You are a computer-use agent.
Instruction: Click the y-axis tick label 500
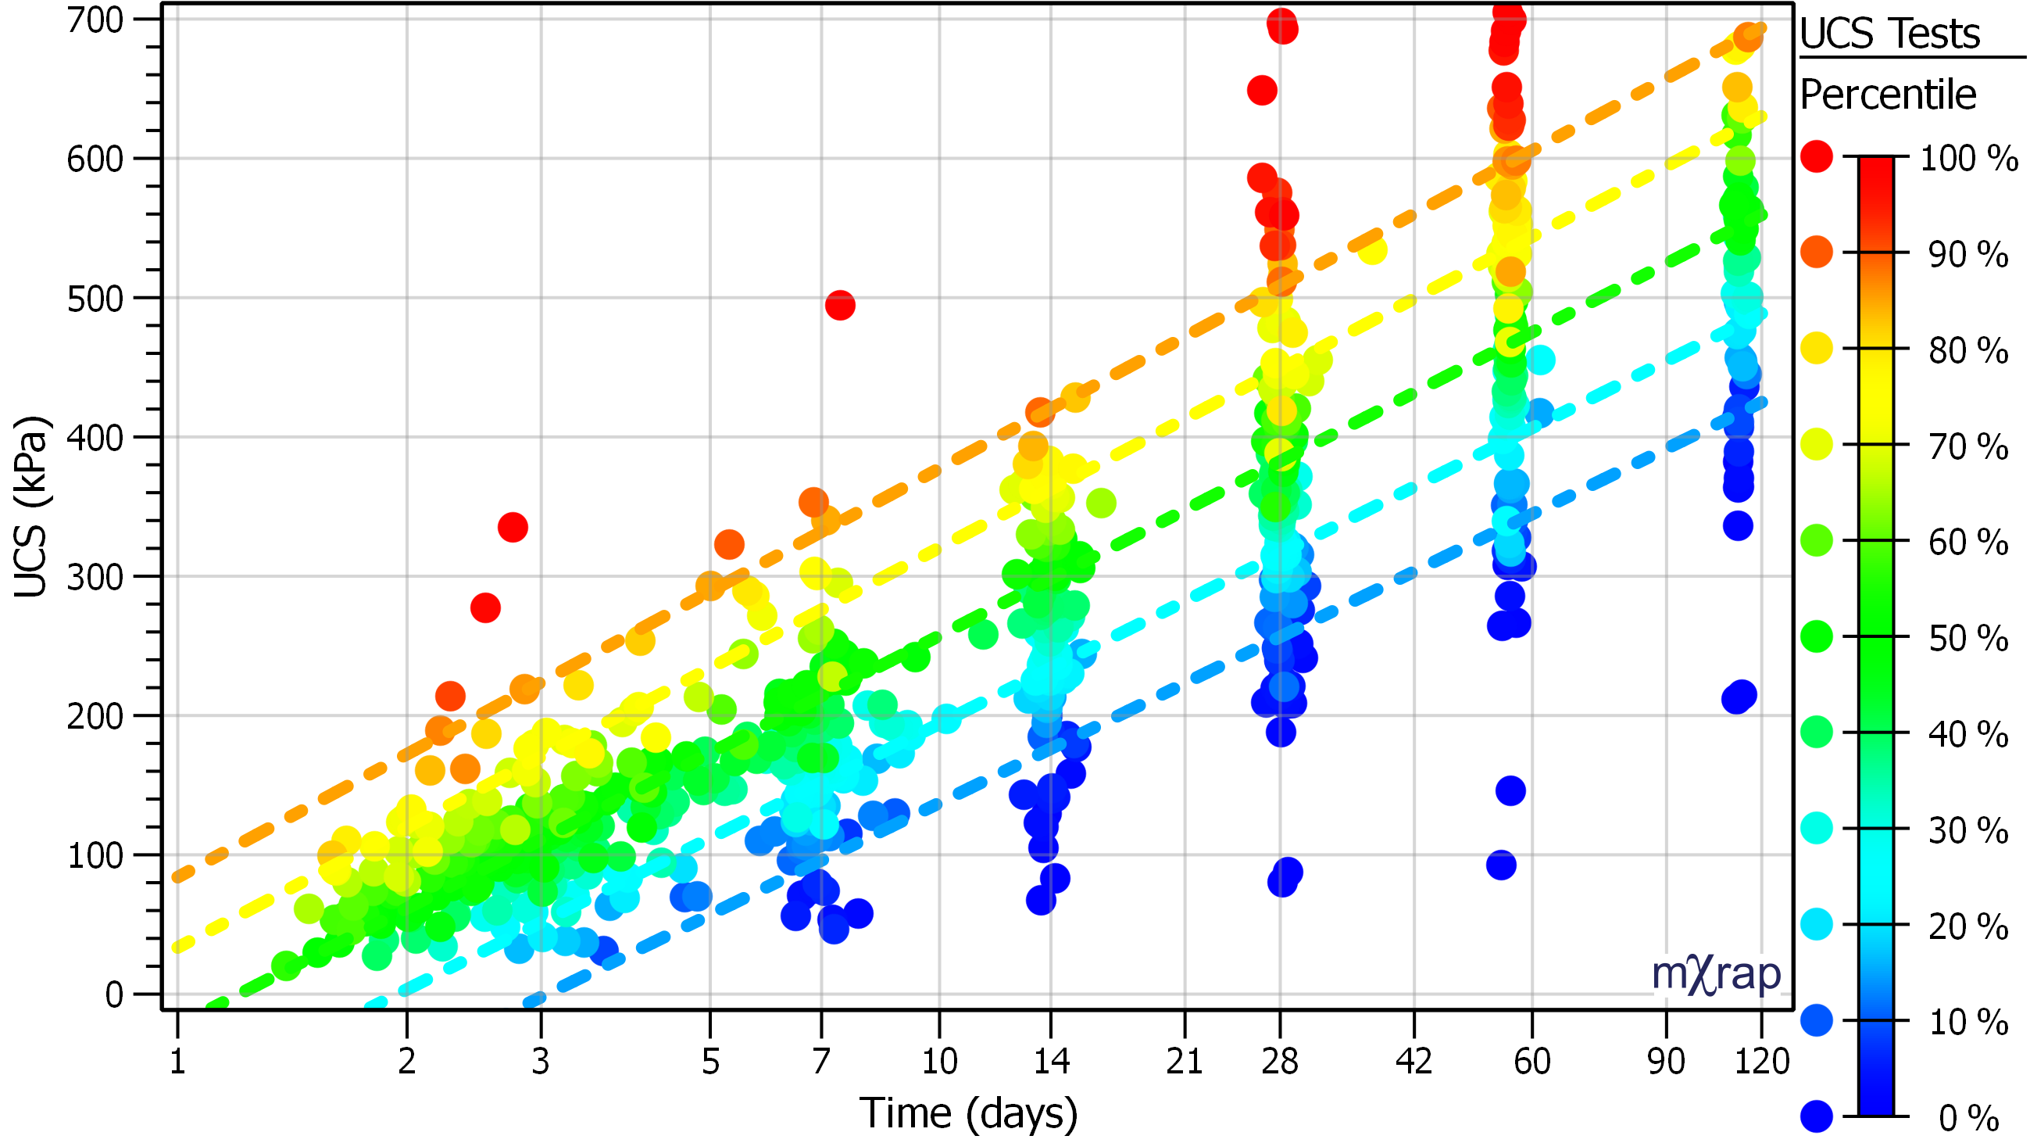pyautogui.click(x=95, y=299)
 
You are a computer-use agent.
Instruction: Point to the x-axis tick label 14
pyautogui.click(x=1050, y=1062)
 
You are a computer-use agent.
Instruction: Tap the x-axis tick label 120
pyautogui.click(x=1762, y=1062)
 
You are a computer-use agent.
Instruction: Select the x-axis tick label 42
pyautogui.click(x=1413, y=1062)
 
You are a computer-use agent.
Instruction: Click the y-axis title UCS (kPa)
pyautogui.click(x=31, y=507)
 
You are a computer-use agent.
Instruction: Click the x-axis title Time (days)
pyautogui.click(x=968, y=1114)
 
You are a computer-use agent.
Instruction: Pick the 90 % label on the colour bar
pyautogui.click(x=1967, y=255)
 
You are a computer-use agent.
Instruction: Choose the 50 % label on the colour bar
pyautogui.click(x=1967, y=639)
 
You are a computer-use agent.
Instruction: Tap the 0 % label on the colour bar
pyautogui.click(x=1967, y=1118)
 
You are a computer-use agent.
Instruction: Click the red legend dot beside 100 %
pyautogui.click(x=1817, y=156)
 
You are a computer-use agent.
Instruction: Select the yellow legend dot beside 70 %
pyautogui.click(x=1817, y=445)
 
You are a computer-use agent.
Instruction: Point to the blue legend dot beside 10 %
pyautogui.click(x=1817, y=1020)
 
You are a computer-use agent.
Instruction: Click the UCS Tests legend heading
pyautogui.click(x=1889, y=34)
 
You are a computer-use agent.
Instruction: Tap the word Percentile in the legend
pyautogui.click(x=1888, y=95)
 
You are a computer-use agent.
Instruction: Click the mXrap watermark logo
pyautogui.click(x=1716, y=975)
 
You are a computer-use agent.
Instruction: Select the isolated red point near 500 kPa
pyautogui.click(x=840, y=305)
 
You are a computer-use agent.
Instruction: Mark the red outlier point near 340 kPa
pyautogui.click(x=513, y=528)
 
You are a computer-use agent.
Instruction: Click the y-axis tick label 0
pyautogui.click(x=114, y=995)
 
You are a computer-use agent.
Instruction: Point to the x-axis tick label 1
pyautogui.click(x=177, y=1062)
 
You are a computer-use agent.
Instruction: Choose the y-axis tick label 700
pyautogui.click(x=95, y=20)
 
